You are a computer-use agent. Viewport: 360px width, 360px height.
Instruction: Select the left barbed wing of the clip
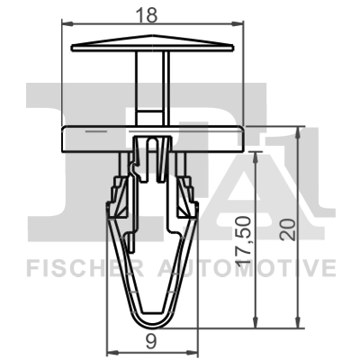pos(115,198)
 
